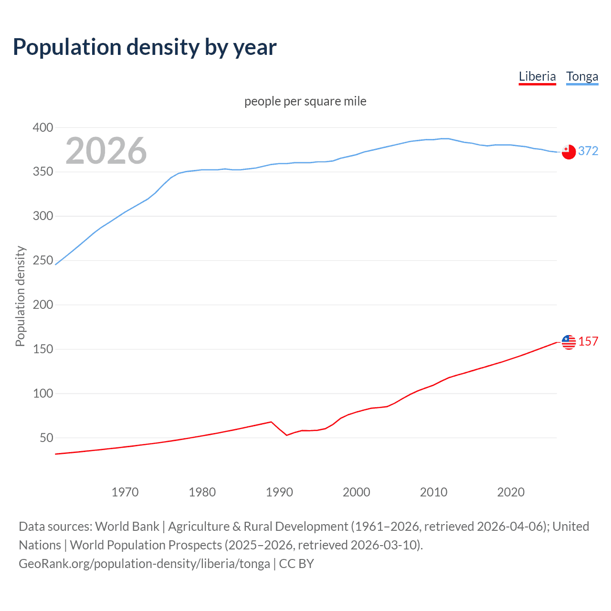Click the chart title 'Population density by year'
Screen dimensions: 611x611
tap(145, 47)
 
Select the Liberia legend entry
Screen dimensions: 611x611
tap(537, 76)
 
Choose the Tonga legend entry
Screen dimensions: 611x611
tap(582, 76)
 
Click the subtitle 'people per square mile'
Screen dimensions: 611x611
tap(305, 101)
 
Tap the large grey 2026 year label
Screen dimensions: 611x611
tap(106, 151)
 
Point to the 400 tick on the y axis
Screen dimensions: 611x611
tap(43, 127)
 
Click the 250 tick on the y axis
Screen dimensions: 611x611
tap(43, 260)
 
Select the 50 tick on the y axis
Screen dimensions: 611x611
tap(46, 438)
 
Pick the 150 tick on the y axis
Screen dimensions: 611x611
tap(43, 349)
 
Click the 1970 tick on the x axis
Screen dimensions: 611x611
tap(125, 492)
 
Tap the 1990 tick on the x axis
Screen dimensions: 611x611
tap(279, 492)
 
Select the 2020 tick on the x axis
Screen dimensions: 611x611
tap(511, 492)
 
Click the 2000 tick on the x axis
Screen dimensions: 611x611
tap(357, 492)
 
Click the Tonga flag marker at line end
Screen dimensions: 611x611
tap(569, 152)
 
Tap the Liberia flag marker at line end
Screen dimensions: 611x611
tap(569, 342)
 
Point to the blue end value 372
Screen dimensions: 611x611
tap(588, 151)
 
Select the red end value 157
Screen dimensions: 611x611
tap(588, 341)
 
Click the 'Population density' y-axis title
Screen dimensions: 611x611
tap(20, 296)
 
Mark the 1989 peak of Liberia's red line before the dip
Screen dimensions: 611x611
tap(271, 421)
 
